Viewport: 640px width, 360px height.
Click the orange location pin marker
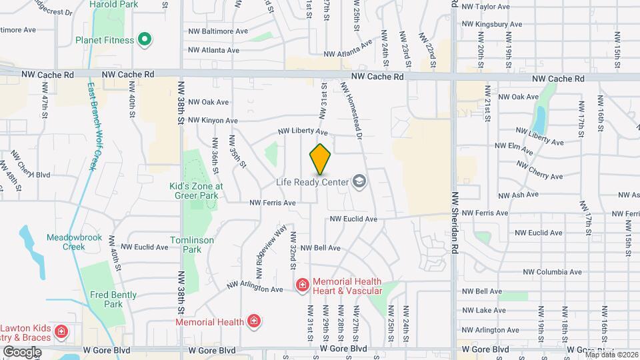320,159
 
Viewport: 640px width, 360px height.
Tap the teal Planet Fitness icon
143,39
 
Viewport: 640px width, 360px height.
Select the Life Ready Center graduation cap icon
359,182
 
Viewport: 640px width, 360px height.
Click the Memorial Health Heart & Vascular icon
302,286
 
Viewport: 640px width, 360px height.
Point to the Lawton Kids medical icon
61,331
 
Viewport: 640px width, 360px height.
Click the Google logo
22,351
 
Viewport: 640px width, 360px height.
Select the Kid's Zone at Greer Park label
195,191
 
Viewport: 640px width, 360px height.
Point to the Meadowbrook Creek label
65,242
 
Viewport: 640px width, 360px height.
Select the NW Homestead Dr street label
351,110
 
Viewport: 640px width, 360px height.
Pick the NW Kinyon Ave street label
213,121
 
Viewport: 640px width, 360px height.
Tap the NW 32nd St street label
293,248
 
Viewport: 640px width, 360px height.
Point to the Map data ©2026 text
611,355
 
